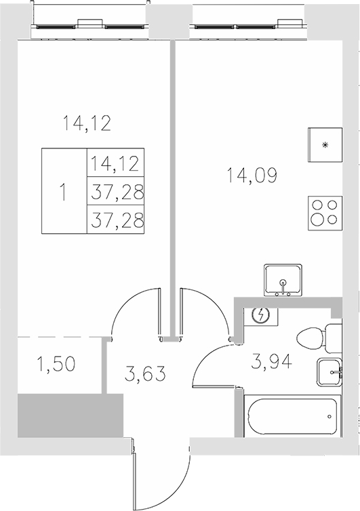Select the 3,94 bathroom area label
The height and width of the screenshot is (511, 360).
click(x=273, y=363)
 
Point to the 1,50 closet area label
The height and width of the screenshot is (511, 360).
click(x=56, y=365)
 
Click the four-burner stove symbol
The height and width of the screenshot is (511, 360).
click(x=324, y=211)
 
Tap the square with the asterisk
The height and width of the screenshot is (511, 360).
click(x=325, y=145)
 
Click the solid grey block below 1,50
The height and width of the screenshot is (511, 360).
click(x=70, y=415)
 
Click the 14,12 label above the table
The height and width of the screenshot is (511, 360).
click(x=86, y=123)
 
